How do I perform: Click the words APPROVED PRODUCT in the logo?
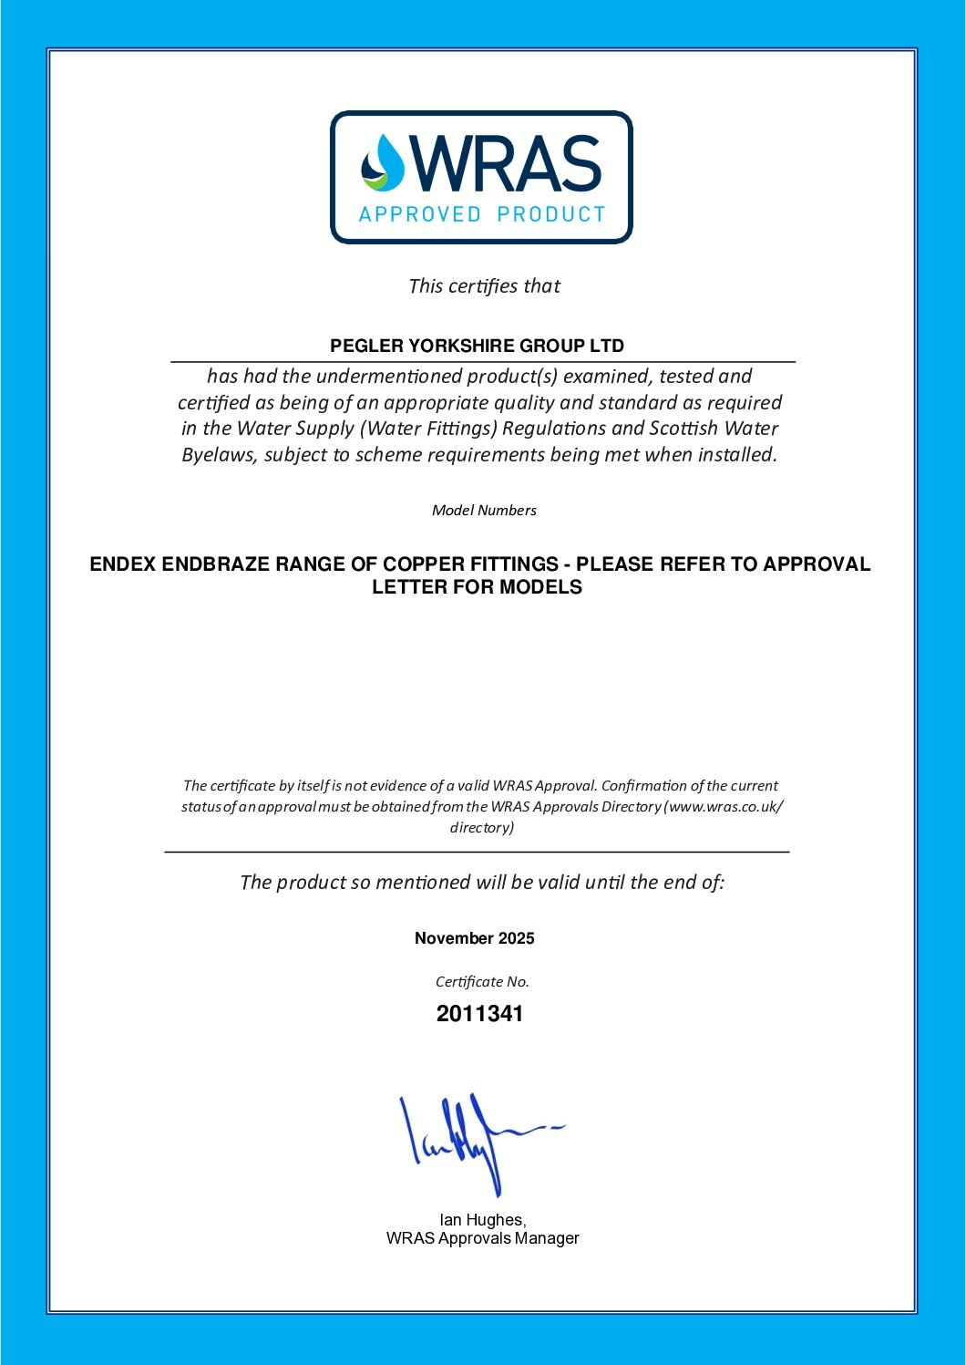point(482,214)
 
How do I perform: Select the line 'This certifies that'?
point(484,286)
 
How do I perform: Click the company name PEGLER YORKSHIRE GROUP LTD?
point(477,346)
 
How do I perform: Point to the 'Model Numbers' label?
point(484,511)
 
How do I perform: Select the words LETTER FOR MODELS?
point(477,587)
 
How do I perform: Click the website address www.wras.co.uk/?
point(725,807)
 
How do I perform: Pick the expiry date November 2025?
point(475,938)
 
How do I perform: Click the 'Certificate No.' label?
point(482,982)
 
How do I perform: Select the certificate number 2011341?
point(480,1014)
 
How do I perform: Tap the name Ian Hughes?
point(482,1220)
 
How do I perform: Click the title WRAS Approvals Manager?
point(482,1238)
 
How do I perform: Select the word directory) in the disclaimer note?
point(482,828)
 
